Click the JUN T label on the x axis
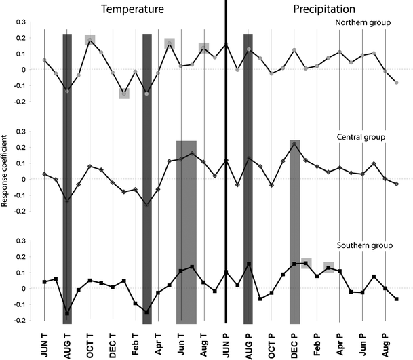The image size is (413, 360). (x=45, y=343)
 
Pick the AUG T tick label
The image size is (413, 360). (x=67, y=343)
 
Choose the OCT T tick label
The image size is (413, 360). (x=90, y=343)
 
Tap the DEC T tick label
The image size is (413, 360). (x=113, y=343)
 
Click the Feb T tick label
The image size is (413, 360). (x=136, y=343)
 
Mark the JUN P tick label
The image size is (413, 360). (x=227, y=343)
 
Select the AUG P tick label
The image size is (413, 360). (x=249, y=343)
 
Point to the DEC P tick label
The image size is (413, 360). (x=294, y=343)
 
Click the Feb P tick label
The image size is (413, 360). (x=317, y=343)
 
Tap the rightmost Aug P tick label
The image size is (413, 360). (x=385, y=343)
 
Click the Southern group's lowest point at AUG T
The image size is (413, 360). (x=67, y=314)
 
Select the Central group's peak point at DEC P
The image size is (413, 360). (x=294, y=144)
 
